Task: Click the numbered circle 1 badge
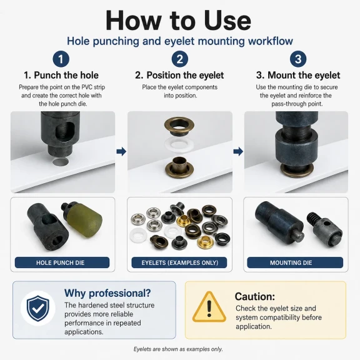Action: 61,59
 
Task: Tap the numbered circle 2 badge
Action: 180,59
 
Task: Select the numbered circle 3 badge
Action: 298,59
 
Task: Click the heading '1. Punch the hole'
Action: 61,75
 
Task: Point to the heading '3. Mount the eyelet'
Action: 298,75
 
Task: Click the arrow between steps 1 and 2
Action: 121,151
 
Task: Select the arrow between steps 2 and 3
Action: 238,151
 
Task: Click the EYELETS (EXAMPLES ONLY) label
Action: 179,262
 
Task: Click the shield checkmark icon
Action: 38,308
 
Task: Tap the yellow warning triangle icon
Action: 209,307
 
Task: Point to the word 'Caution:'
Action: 254,296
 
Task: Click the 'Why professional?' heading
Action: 107,293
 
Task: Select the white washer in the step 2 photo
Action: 179,145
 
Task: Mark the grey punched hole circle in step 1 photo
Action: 61,162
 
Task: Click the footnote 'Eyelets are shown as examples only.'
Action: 178,349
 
